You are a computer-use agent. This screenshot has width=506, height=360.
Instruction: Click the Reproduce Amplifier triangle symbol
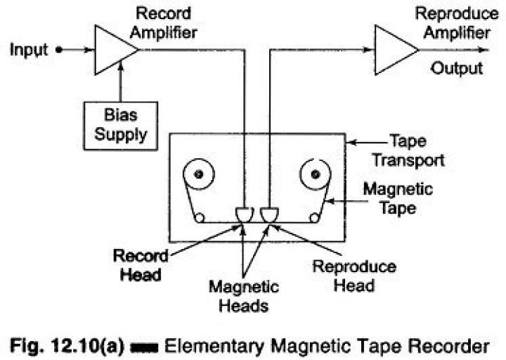click(x=394, y=50)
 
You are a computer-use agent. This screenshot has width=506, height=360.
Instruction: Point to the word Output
click(x=457, y=68)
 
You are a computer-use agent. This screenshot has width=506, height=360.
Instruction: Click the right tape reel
click(x=313, y=174)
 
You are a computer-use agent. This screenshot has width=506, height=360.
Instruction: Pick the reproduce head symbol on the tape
click(x=268, y=213)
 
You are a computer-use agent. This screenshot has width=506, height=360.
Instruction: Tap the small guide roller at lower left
click(x=200, y=218)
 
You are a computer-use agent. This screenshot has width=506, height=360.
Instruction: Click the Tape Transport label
click(x=408, y=150)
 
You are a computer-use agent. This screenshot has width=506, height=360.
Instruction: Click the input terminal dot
click(x=59, y=50)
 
